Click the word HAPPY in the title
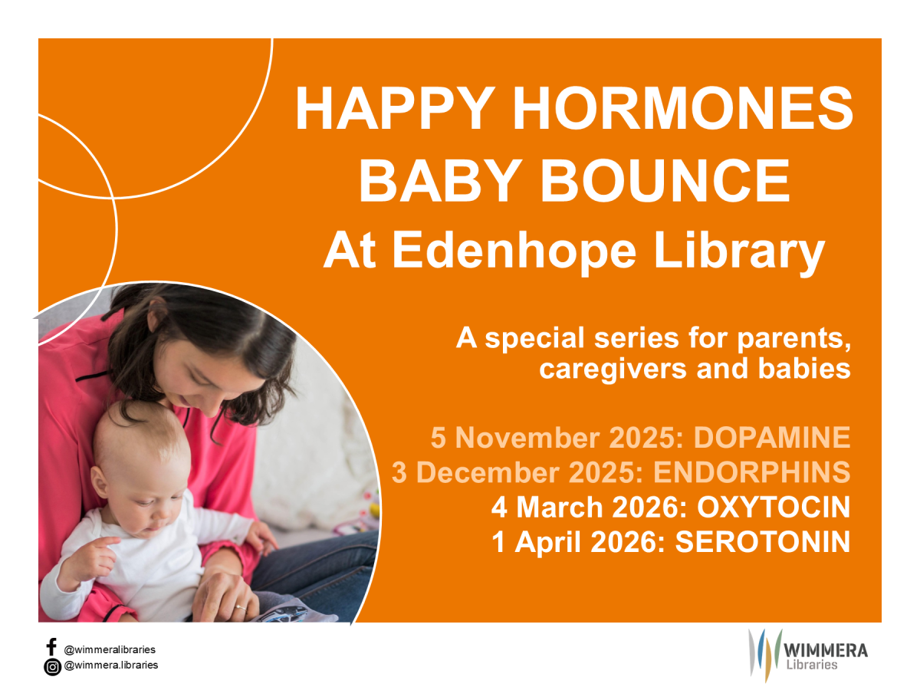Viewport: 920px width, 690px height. point(396,108)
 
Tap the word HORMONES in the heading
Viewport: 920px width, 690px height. point(683,108)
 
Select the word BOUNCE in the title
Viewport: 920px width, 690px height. point(665,181)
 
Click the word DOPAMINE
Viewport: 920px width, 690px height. point(772,437)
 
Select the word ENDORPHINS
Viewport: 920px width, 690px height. point(752,472)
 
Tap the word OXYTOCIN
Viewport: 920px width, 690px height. point(774,507)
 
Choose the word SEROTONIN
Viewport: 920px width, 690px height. point(763,542)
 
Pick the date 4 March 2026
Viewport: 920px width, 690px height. point(589,507)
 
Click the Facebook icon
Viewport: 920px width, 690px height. point(51,647)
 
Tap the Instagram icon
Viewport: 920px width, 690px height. point(52,667)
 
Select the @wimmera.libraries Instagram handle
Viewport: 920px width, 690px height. point(110,665)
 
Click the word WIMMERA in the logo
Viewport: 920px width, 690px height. point(825,651)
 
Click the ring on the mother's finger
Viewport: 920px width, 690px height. point(241,607)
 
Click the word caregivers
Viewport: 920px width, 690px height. point(613,370)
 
